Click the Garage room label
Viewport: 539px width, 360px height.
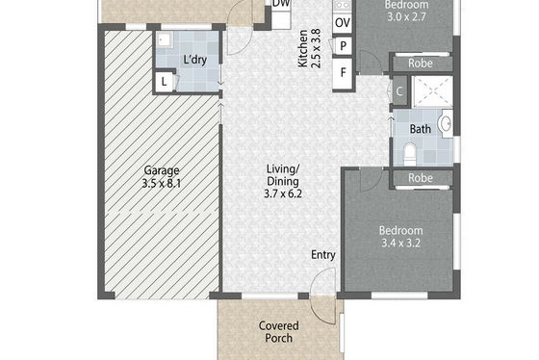[x=162, y=170]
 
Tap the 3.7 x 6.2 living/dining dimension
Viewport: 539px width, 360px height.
[x=283, y=193]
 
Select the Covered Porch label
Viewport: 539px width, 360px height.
[x=279, y=332]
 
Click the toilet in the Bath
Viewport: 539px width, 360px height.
[x=409, y=154]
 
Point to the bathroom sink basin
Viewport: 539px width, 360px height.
[x=446, y=124]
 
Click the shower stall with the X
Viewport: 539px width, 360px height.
[x=432, y=91]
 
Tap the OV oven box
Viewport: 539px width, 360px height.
[x=343, y=23]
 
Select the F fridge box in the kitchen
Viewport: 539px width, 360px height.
[x=343, y=73]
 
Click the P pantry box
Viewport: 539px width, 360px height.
[x=343, y=46]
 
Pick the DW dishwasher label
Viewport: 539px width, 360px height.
[x=281, y=4]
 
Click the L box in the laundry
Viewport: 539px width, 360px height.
[x=164, y=82]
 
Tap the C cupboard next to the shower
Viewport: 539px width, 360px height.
[x=399, y=91]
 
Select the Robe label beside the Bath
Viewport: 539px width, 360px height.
[x=421, y=178]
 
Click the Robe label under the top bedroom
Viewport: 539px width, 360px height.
[x=421, y=64]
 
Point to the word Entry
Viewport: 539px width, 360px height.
[x=323, y=255]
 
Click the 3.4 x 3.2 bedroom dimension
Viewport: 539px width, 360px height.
[x=400, y=244]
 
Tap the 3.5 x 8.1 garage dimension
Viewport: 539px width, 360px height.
[x=162, y=184]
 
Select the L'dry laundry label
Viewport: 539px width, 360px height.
[x=194, y=60]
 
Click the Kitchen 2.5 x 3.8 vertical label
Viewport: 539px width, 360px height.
[x=309, y=48]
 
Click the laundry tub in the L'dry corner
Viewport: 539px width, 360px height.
[x=165, y=40]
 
